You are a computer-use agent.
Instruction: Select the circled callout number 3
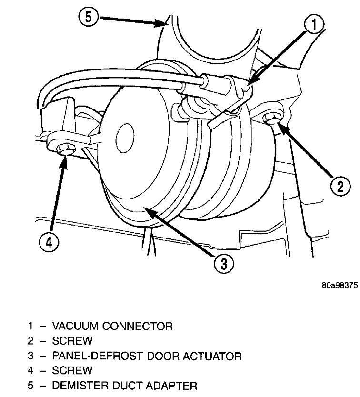(x=224, y=263)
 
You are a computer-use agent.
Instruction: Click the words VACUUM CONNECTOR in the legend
(x=112, y=327)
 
